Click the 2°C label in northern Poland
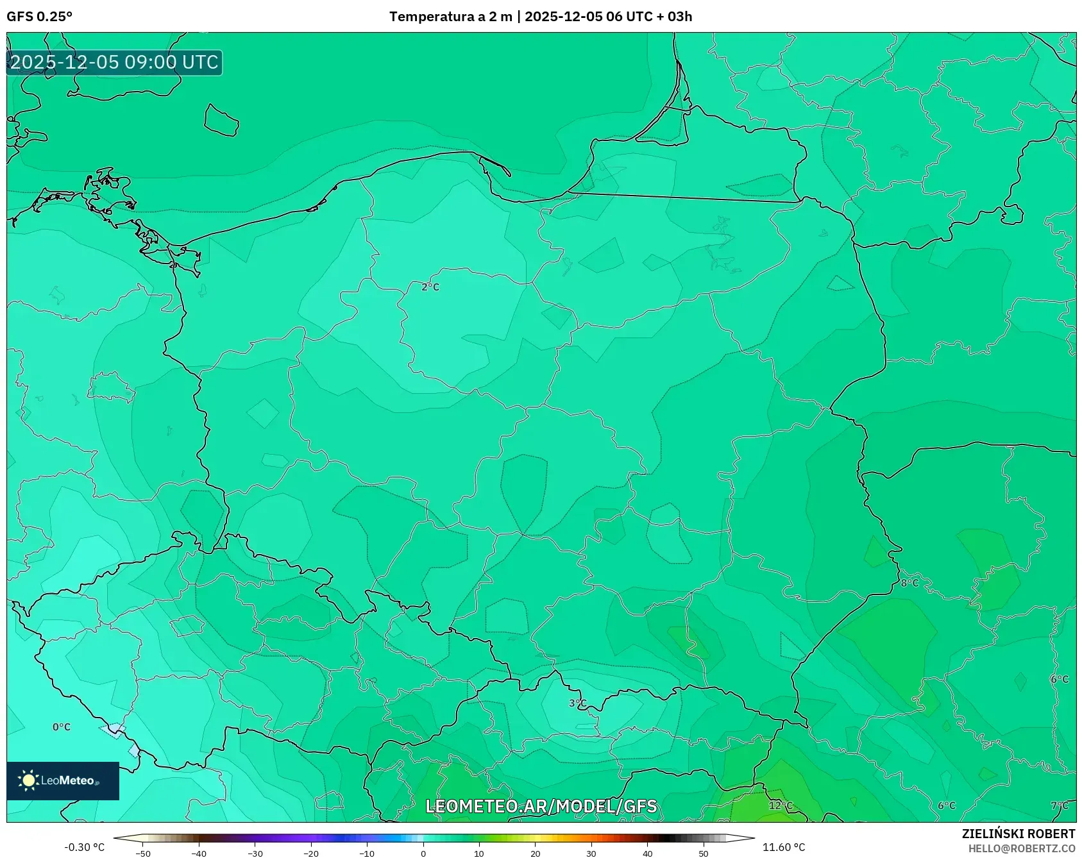click(430, 287)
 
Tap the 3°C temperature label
click(577, 703)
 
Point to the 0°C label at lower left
click(62, 727)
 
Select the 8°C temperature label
click(909, 583)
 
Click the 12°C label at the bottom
click(781, 805)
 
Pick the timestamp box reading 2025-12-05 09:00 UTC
click(114, 62)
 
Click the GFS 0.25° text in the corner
click(39, 17)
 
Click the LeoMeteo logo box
click(63, 780)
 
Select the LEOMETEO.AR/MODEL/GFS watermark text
click(541, 806)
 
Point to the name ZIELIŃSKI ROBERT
click(1018, 834)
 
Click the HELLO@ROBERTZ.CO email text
click(1021, 848)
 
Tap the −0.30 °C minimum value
click(84, 847)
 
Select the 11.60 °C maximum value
click(783, 847)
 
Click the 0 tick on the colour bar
click(423, 854)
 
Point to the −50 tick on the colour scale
click(143, 854)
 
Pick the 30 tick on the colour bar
click(591, 854)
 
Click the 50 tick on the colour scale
click(703, 854)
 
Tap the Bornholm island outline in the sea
click(221, 121)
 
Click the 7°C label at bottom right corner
click(1059, 806)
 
